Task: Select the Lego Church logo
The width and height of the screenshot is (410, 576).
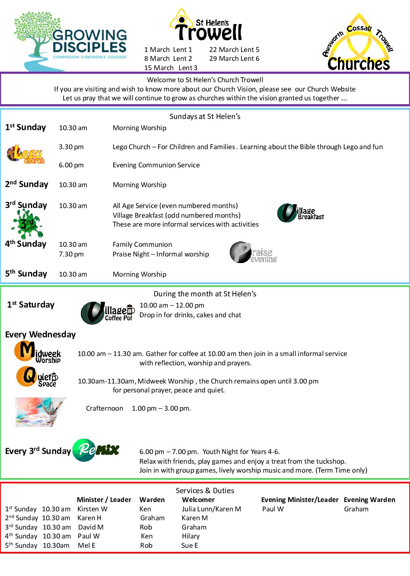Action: click(x=26, y=154)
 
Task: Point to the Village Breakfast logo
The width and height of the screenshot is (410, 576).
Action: click(x=300, y=213)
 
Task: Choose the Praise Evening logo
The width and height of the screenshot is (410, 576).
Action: click(x=253, y=253)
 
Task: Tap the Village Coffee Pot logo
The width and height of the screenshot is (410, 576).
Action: click(x=107, y=313)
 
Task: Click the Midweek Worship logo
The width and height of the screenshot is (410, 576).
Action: click(x=38, y=352)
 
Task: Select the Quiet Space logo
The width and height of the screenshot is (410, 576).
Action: click(x=37, y=377)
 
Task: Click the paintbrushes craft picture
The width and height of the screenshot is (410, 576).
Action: click(x=40, y=412)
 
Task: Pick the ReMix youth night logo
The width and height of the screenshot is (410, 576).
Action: click(x=96, y=450)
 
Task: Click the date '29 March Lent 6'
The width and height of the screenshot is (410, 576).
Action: click(x=234, y=58)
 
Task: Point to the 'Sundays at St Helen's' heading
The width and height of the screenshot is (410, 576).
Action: click(x=205, y=116)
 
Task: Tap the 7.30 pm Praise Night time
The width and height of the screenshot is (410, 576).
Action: click(x=71, y=254)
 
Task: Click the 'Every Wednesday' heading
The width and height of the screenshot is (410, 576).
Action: click(x=40, y=334)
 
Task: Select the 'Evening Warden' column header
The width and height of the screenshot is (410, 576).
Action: click(x=369, y=500)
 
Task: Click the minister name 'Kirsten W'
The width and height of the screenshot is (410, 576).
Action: click(x=92, y=509)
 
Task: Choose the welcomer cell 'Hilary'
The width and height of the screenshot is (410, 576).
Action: click(x=191, y=536)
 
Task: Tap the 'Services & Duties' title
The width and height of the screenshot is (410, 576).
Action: click(x=205, y=490)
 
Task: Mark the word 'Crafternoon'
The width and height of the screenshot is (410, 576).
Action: click(x=104, y=408)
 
